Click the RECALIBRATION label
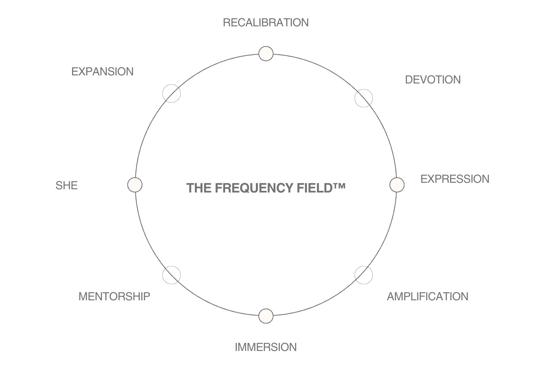[x=266, y=23]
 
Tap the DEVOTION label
[x=433, y=80]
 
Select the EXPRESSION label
[x=455, y=179]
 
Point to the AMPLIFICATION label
[x=428, y=297]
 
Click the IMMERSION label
[x=266, y=347]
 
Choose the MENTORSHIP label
[x=114, y=297]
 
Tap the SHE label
[x=66, y=186]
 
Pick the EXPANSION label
[x=102, y=72]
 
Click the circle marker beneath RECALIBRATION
[x=266, y=53]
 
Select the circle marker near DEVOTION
[x=364, y=98]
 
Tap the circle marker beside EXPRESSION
[x=397, y=185]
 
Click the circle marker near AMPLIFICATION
[x=364, y=275]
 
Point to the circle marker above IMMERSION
[x=266, y=316]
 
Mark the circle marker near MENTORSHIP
[x=171, y=275]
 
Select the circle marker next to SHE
[x=135, y=185]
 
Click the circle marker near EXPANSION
[x=171, y=94]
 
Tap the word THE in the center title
[x=199, y=188]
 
